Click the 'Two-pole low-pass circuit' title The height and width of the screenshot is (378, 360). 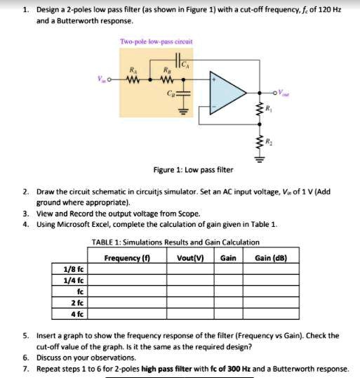[x=156, y=41]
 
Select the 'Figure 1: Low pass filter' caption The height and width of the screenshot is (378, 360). [x=193, y=170]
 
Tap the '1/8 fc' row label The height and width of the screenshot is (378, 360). [x=74, y=268]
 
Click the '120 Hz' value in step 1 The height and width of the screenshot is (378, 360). [x=336, y=11]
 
